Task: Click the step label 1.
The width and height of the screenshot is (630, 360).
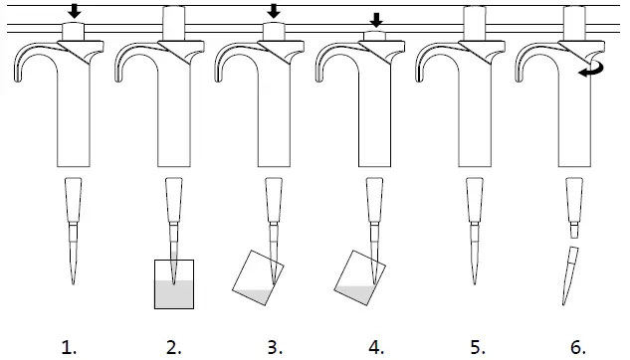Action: (69, 347)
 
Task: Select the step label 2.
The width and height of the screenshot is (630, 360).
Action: (173, 347)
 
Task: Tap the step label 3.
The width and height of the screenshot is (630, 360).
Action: (274, 347)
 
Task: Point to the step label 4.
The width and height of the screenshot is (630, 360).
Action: (375, 347)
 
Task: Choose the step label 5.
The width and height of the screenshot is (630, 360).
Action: (478, 347)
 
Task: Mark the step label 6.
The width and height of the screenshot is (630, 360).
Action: (578, 347)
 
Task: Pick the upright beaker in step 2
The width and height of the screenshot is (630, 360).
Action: (173, 283)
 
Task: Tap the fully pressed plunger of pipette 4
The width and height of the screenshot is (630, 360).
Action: (376, 36)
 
